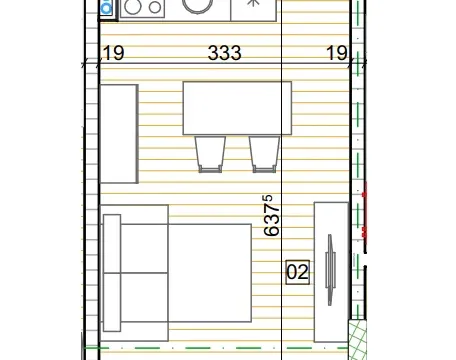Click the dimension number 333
[225, 54]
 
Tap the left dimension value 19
[113, 54]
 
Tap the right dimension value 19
[336, 54]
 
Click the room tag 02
[297, 271]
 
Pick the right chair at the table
[263, 152]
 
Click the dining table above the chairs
[236, 108]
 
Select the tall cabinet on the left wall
[118, 134]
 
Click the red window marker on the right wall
[368, 216]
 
